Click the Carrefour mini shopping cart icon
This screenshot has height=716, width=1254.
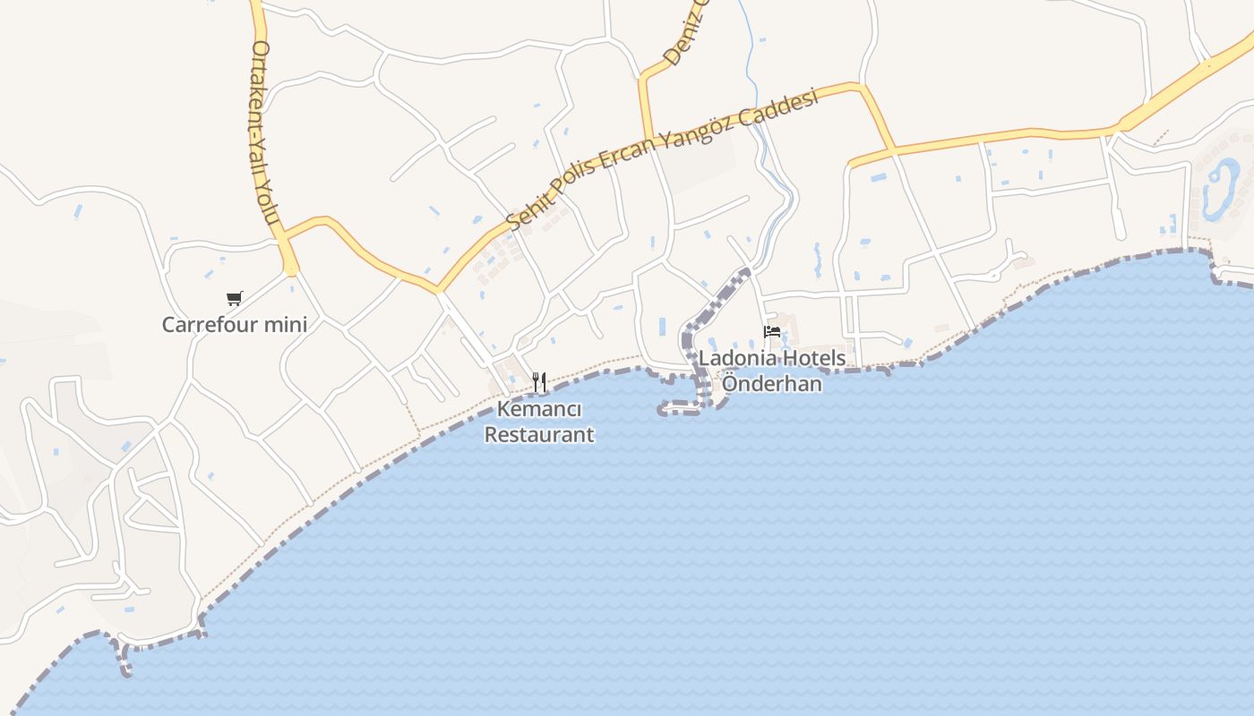click(235, 298)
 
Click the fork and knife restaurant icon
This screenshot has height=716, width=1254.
click(539, 382)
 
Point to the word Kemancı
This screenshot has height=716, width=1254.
click(539, 410)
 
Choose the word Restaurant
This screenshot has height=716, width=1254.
click(539, 435)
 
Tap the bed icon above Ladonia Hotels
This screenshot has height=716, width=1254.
click(772, 333)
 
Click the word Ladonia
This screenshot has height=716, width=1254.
click(737, 358)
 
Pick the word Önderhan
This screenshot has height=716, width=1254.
click(772, 383)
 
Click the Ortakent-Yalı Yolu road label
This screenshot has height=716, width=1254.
click(266, 134)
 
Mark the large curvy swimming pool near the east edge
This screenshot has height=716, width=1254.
click(1220, 188)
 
